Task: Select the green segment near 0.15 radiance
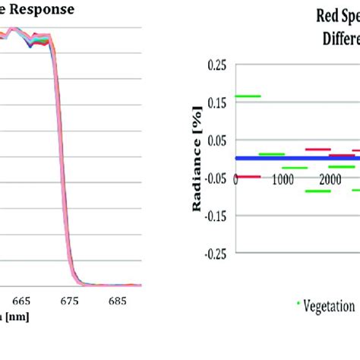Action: tap(248, 96)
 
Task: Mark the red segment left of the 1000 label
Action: tap(248, 176)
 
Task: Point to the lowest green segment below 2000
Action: tap(317, 191)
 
